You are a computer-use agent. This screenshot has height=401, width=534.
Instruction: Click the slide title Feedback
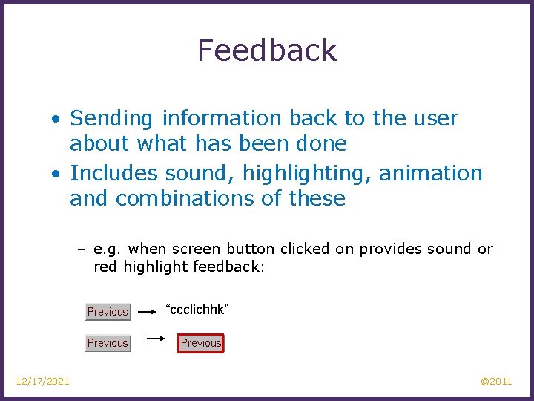pos(267,50)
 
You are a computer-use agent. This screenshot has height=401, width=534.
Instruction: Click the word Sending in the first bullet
pos(112,119)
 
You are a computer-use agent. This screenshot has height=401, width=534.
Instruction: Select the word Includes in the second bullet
pos(114,174)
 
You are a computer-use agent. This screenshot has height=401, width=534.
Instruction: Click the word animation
pos(430,174)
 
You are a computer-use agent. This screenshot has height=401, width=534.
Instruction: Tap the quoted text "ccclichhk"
pos(197,309)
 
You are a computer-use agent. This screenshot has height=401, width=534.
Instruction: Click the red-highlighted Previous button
pos(201,343)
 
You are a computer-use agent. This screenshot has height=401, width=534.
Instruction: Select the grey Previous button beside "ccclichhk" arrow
pos(108,312)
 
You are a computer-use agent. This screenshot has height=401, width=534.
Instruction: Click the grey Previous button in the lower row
pos(108,343)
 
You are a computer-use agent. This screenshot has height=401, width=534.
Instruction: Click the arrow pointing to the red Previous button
pos(156,339)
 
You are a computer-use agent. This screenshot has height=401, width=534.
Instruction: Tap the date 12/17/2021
pos(43,382)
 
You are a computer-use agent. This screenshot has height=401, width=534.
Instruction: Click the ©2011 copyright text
pos(496,382)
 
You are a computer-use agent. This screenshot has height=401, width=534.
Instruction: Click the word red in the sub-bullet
pos(105,267)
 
